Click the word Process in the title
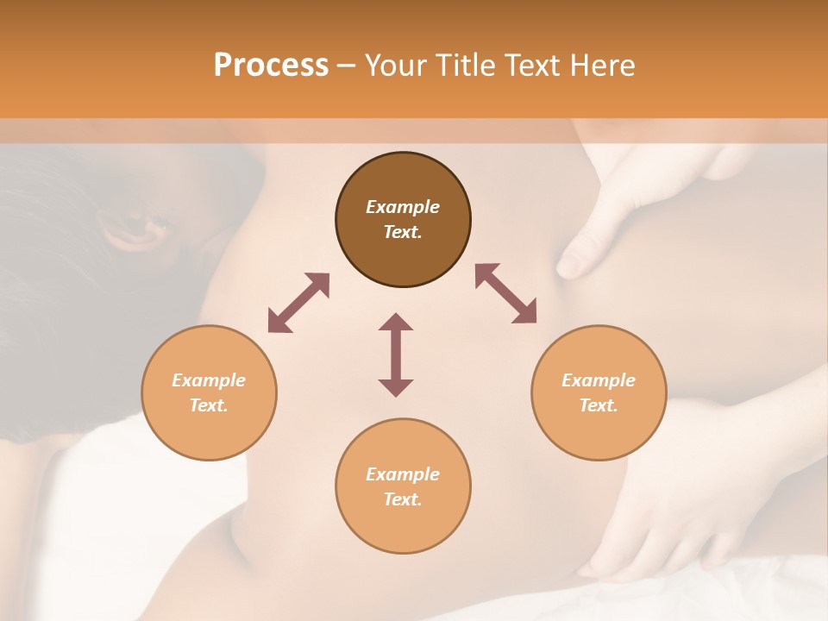[x=271, y=66]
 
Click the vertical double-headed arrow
[x=396, y=354]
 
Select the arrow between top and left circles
[x=298, y=303]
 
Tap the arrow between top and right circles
[x=505, y=293]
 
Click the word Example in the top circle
[x=403, y=207]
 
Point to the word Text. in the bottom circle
[x=403, y=499]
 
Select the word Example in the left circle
[x=209, y=380]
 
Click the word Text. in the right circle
[x=599, y=405]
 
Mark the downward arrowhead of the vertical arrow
[x=396, y=387]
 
